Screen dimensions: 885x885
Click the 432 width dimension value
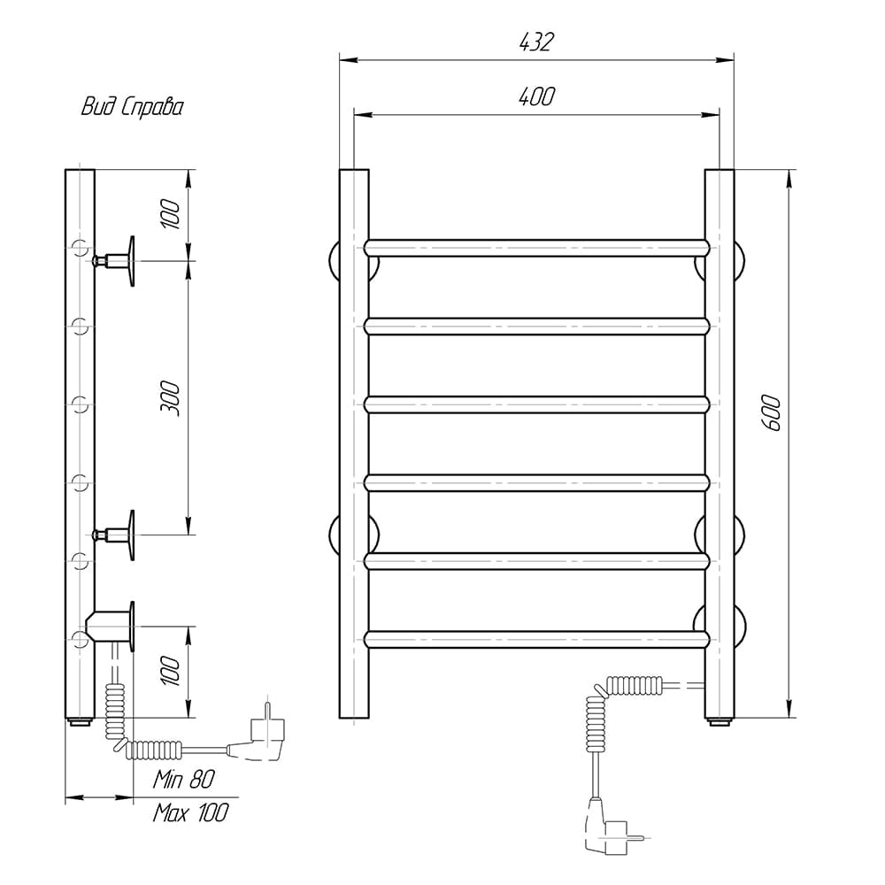coord(536,42)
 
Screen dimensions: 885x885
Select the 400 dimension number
coord(536,96)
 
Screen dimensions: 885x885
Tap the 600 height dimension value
coord(772,413)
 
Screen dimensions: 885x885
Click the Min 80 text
coord(184,780)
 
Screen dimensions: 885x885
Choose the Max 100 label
coord(190,812)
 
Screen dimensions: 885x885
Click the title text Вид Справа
coord(132,107)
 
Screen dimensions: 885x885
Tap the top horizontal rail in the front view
coord(536,248)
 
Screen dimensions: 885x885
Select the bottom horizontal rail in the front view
coord(536,639)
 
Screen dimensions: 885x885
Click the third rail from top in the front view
coord(536,404)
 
